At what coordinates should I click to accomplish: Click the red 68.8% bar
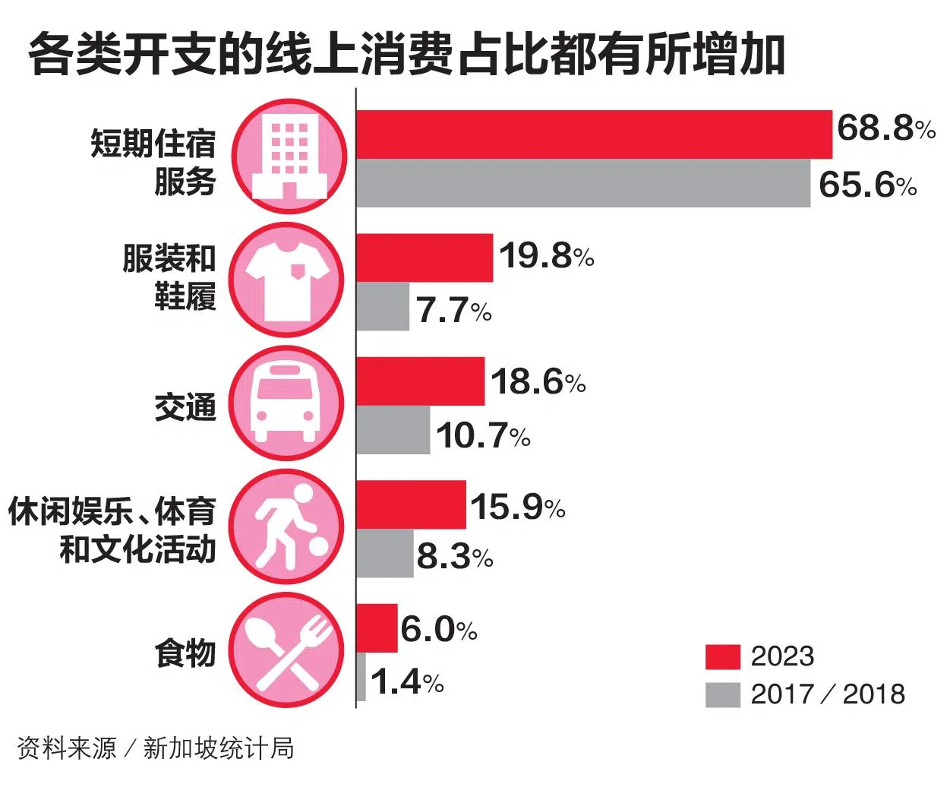click(594, 134)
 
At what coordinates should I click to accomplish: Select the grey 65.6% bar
click(583, 183)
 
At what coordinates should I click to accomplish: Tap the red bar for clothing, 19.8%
click(425, 258)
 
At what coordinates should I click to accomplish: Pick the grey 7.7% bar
click(383, 306)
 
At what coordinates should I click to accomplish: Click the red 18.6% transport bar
click(421, 381)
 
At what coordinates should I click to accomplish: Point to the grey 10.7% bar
click(393, 429)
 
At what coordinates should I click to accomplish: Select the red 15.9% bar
click(412, 504)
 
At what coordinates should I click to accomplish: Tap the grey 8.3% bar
click(385, 553)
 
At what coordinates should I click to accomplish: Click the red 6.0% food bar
click(377, 628)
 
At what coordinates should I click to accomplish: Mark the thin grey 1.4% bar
click(361, 677)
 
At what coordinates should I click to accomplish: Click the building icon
click(289, 157)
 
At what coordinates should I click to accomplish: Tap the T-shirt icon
click(288, 280)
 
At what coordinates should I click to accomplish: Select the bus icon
click(286, 403)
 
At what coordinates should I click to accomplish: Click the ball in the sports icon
click(318, 547)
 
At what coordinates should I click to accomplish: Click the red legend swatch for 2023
click(723, 657)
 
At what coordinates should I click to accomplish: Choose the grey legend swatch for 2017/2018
click(723, 695)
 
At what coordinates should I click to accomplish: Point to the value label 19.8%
click(547, 256)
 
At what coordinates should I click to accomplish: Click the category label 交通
click(185, 407)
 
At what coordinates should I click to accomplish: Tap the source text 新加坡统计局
click(219, 748)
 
